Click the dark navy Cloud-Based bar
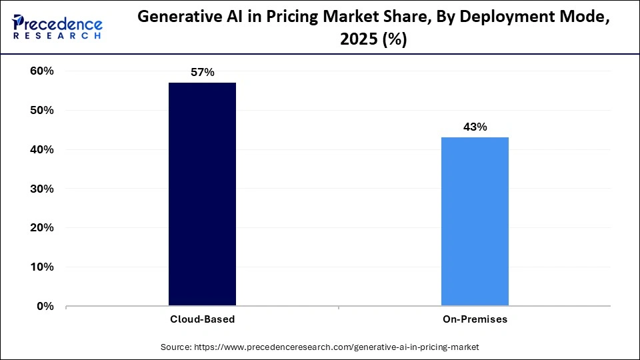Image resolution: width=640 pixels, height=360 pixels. click(x=202, y=194)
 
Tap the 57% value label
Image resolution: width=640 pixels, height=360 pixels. click(x=202, y=73)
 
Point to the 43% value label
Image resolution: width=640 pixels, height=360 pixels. click(x=475, y=127)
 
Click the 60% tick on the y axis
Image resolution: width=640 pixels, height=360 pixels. click(x=42, y=71)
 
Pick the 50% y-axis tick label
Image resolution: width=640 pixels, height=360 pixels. click(x=42, y=111)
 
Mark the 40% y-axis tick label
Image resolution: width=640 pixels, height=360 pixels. click(x=42, y=150)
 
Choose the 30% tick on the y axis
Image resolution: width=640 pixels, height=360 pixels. click(x=42, y=189)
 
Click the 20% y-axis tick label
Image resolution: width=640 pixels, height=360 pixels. click(x=42, y=228)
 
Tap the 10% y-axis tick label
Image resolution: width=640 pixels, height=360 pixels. click(x=42, y=267)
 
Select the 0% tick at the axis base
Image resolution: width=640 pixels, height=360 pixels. click(x=45, y=307)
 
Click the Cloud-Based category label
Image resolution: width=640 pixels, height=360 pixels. click(x=202, y=319)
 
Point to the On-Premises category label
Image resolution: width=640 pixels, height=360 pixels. click(x=475, y=319)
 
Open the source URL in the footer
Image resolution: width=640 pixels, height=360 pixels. click(x=336, y=347)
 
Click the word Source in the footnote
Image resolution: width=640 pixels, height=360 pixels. click(x=175, y=347)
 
